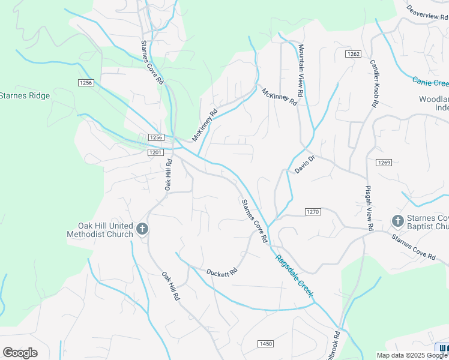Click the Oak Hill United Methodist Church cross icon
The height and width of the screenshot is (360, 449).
(x=142, y=229)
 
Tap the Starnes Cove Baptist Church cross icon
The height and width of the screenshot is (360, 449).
(x=397, y=221)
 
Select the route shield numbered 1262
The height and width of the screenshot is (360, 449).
(x=353, y=54)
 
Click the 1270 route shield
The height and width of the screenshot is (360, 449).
(x=313, y=212)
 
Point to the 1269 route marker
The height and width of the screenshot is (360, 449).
(x=384, y=163)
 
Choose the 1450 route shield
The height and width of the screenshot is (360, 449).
(x=265, y=344)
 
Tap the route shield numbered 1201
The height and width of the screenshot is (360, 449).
(x=155, y=152)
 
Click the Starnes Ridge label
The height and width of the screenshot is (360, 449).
(x=25, y=95)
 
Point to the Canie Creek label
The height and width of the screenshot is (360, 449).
(x=430, y=82)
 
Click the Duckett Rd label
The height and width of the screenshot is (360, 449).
(x=222, y=272)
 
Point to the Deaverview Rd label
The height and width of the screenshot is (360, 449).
(x=427, y=12)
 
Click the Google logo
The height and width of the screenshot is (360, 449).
(x=20, y=353)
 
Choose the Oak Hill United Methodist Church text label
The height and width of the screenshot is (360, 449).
(x=99, y=230)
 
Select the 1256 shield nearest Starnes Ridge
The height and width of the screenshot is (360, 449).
(x=86, y=83)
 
